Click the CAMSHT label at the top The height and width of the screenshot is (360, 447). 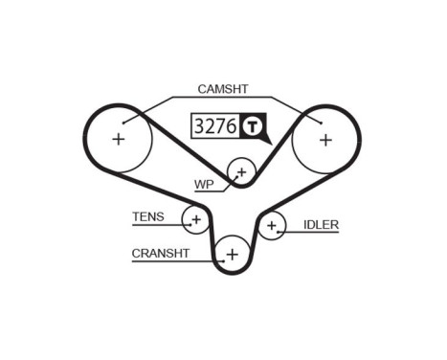click(x=222, y=89)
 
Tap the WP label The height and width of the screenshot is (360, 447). click(x=204, y=183)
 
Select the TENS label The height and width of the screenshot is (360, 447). click(x=148, y=217)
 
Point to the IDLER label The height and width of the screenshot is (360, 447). click(x=321, y=225)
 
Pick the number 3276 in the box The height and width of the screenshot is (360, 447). click(x=215, y=125)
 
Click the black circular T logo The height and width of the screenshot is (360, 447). click(x=253, y=125)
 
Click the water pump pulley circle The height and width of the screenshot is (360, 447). click(x=241, y=172)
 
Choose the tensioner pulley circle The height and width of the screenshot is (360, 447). click(x=195, y=220)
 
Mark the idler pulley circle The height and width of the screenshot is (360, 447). click(x=272, y=227)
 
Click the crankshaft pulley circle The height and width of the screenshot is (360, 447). click(x=232, y=254)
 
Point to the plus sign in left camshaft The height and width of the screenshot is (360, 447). click(x=119, y=140)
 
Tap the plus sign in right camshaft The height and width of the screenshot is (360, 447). click(x=325, y=140)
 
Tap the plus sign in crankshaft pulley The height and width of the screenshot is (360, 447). click(x=232, y=254)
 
